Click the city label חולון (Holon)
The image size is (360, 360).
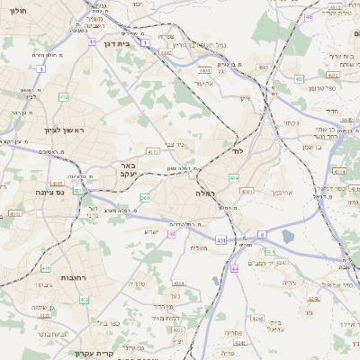(17, 13)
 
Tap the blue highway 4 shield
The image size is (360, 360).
(40, 68)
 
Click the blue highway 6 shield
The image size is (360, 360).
(262, 234)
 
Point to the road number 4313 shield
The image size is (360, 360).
(153, 152)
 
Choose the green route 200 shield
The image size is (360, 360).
(145, 197)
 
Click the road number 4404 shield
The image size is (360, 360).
(205, 69)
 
